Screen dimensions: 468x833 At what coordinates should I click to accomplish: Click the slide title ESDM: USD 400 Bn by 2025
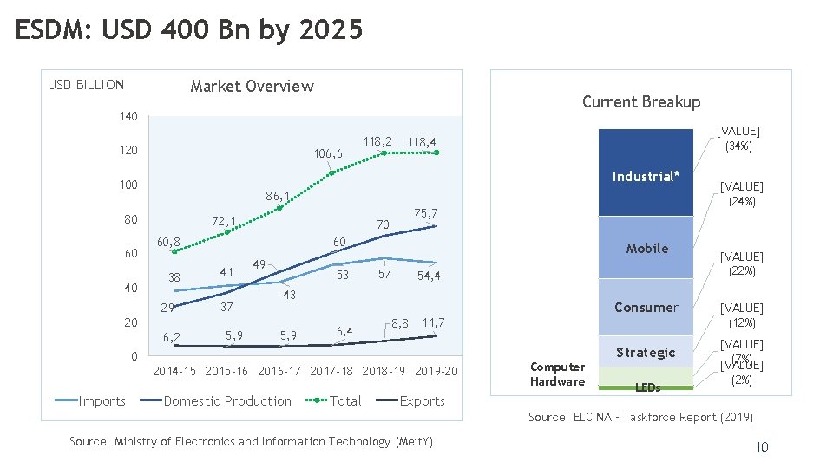point(189,30)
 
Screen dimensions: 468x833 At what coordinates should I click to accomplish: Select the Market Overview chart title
point(252,86)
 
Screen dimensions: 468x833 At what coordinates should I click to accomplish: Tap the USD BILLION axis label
point(86,85)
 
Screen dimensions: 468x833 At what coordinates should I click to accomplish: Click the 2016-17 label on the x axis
point(279,371)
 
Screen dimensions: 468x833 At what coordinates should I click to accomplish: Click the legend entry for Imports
point(99,400)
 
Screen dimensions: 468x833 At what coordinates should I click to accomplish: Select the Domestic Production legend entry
point(227,400)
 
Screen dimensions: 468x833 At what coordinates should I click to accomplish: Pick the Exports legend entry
point(422,400)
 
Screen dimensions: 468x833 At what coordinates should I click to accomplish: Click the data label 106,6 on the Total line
point(328,154)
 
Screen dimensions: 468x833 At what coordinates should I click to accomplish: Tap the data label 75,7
point(426,213)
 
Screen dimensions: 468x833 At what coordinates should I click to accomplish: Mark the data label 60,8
point(167,242)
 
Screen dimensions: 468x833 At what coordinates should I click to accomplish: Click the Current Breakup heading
point(640,101)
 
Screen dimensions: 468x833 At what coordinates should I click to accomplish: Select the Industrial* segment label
point(646,177)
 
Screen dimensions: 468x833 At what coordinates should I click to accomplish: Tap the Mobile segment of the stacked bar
point(646,248)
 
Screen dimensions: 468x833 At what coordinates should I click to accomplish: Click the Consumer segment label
point(646,307)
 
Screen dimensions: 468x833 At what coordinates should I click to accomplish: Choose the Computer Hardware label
point(557,374)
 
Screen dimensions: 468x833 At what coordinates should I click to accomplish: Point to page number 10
point(761,446)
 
